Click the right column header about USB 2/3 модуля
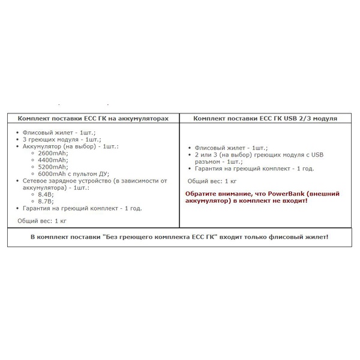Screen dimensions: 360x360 (265, 118)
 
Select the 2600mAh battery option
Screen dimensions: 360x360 (52, 153)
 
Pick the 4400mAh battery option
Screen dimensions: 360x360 (52, 160)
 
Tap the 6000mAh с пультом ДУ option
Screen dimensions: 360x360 (71, 173)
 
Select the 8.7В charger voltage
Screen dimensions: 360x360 (46, 201)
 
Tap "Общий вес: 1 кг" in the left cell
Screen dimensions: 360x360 (41, 221)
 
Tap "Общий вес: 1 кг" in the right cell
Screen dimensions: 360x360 (212, 180)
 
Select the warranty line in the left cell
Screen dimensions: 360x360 (82, 208)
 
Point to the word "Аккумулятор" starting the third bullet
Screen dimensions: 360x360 (41, 146)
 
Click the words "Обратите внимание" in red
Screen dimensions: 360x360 (214, 193)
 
